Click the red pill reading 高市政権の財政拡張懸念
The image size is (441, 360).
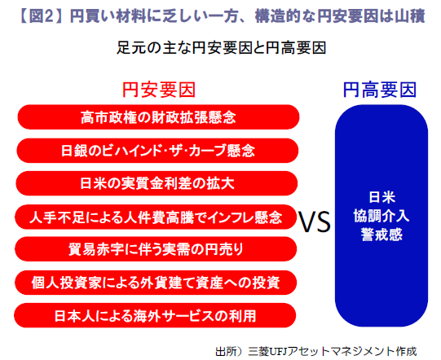tap(158, 117)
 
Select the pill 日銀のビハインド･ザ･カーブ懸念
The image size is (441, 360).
tap(157, 151)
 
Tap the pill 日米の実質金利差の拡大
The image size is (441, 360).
tap(157, 183)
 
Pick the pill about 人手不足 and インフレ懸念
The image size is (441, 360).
tap(156, 217)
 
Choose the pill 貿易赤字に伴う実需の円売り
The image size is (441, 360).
tap(156, 249)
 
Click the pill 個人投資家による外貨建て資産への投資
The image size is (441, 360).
tap(156, 283)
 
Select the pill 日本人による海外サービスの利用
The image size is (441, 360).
tap(155, 315)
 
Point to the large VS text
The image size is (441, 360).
tap(314, 222)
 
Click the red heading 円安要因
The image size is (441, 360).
tap(159, 90)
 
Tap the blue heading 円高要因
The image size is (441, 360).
tap(380, 90)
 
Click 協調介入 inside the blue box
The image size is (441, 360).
tap(381, 216)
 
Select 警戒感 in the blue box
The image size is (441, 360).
tap(381, 235)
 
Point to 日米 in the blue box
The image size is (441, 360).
tap(382, 197)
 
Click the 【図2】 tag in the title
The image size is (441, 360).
tap(41, 16)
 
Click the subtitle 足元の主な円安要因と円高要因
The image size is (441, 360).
tap(222, 48)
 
